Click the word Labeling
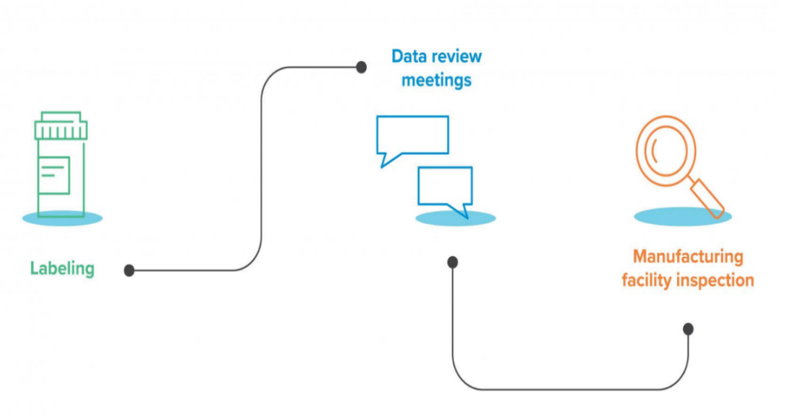(x=62, y=269)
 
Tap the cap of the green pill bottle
(x=61, y=127)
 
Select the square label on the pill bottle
(x=55, y=175)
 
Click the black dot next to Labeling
(x=129, y=270)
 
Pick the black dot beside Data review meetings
(x=361, y=67)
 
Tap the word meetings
(x=436, y=79)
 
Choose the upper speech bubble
(x=412, y=135)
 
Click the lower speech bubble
(x=445, y=187)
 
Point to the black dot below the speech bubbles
(x=453, y=262)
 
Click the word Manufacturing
(x=687, y=256)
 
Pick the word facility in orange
(x=648, y=280)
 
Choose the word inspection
(x=716, y=280)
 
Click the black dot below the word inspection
(x=688, y=329)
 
